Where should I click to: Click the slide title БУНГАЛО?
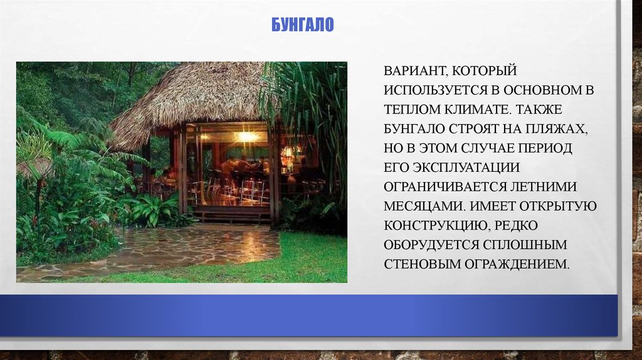pos(302,26)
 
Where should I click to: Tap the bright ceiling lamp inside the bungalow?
pos(246,136)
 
